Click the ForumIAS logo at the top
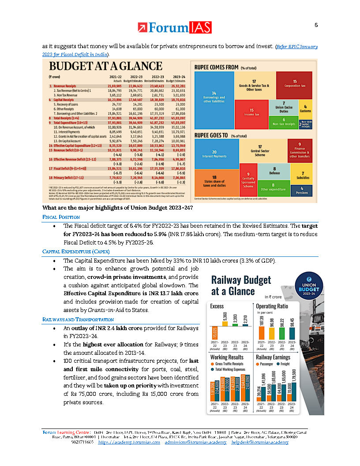point(174,28)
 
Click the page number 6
point(316,25)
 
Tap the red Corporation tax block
point(294,84)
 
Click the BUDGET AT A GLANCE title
point(105,67)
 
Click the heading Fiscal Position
point(61,217)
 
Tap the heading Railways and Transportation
point(78,319)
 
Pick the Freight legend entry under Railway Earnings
point(285,364)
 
